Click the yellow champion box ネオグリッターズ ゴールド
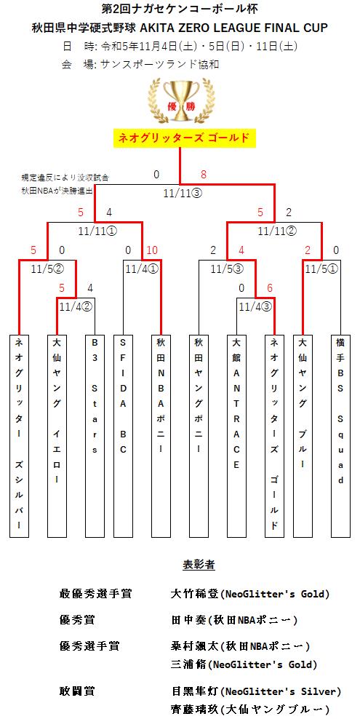[184, 138]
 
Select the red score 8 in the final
[204, 174]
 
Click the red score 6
[270, 287]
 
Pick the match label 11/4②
[76, 306]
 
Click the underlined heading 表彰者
[199, 565]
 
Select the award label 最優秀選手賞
[95, 594]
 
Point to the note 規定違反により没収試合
[65, 177]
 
